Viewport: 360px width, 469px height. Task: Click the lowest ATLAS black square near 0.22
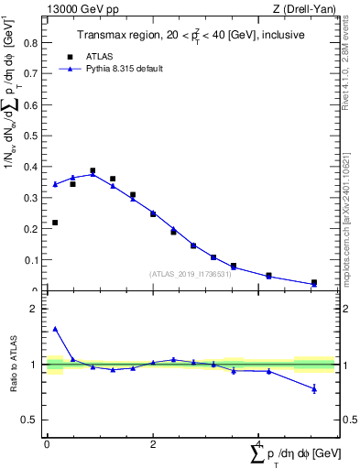coord(55,223)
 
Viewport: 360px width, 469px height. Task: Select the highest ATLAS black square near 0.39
coord(93,170)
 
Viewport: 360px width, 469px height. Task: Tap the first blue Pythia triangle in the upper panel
coord(55,184)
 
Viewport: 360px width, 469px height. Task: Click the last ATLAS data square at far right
coord(314,283)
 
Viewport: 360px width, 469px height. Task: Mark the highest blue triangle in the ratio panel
coord(55,329)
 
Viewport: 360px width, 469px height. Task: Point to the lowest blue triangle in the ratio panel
coord(314,388)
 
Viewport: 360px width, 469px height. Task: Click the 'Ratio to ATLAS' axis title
coord(15,365)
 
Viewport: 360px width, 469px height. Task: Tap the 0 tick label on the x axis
coord(47,443)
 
